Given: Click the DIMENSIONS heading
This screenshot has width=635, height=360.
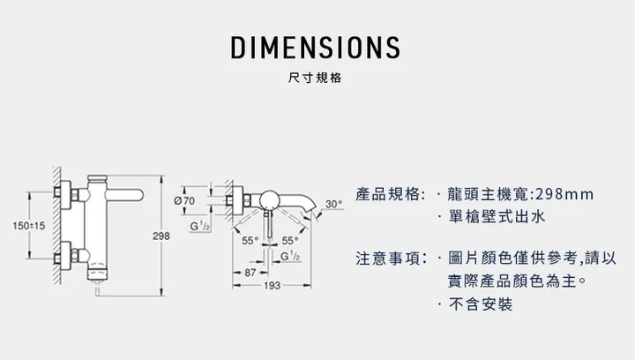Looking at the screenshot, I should (x=316, y=47).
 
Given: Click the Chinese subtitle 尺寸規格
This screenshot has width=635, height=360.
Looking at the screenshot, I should (x=316, y=78).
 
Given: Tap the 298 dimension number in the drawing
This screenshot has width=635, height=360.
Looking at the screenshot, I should (x=161, y=236).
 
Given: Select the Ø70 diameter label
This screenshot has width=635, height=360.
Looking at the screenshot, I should (x=185, y=201).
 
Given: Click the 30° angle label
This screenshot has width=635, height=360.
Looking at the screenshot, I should (x=333, y=204).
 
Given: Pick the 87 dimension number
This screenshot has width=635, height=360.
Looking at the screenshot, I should (x=250, y=273).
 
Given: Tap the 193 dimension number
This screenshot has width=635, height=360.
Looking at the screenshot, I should (x=272, y=285).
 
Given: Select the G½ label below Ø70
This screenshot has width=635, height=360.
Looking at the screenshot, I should (x=199, y=227).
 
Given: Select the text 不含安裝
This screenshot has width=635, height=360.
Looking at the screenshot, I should (x=480, y=305).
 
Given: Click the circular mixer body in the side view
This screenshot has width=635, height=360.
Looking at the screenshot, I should (x=271, y=200).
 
